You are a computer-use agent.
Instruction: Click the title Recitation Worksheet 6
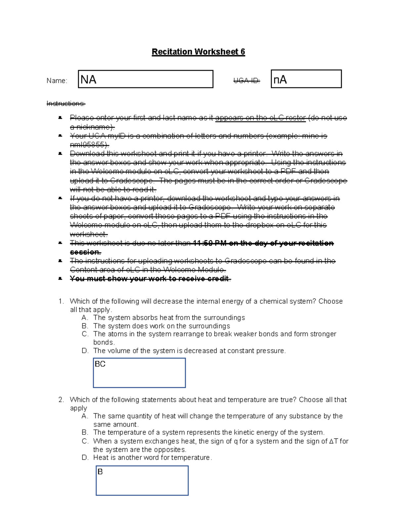(198, 52)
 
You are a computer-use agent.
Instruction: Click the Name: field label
(57, 81)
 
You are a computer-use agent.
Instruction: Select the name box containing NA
(146, 79)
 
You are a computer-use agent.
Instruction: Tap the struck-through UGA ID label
(246, 81)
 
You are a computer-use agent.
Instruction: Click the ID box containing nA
(306, 79)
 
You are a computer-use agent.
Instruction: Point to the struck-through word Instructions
(66, 104)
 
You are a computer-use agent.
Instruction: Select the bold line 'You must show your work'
(150, 279)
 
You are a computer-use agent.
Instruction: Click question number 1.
(61, 301)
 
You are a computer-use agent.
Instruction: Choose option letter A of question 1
(85, 318)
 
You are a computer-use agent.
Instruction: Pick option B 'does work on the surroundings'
(161, 326)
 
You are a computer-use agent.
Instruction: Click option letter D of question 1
(85, 351)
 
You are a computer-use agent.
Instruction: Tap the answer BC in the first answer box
(100, 364)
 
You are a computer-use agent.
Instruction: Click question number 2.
(61, 400)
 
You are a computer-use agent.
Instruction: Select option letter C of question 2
(85, 441)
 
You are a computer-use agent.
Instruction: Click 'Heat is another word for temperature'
(152, 458)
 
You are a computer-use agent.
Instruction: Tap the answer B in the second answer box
(100, 472)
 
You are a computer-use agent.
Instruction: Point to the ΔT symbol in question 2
(333, 441)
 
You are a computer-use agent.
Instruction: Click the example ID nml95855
(88, 145)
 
